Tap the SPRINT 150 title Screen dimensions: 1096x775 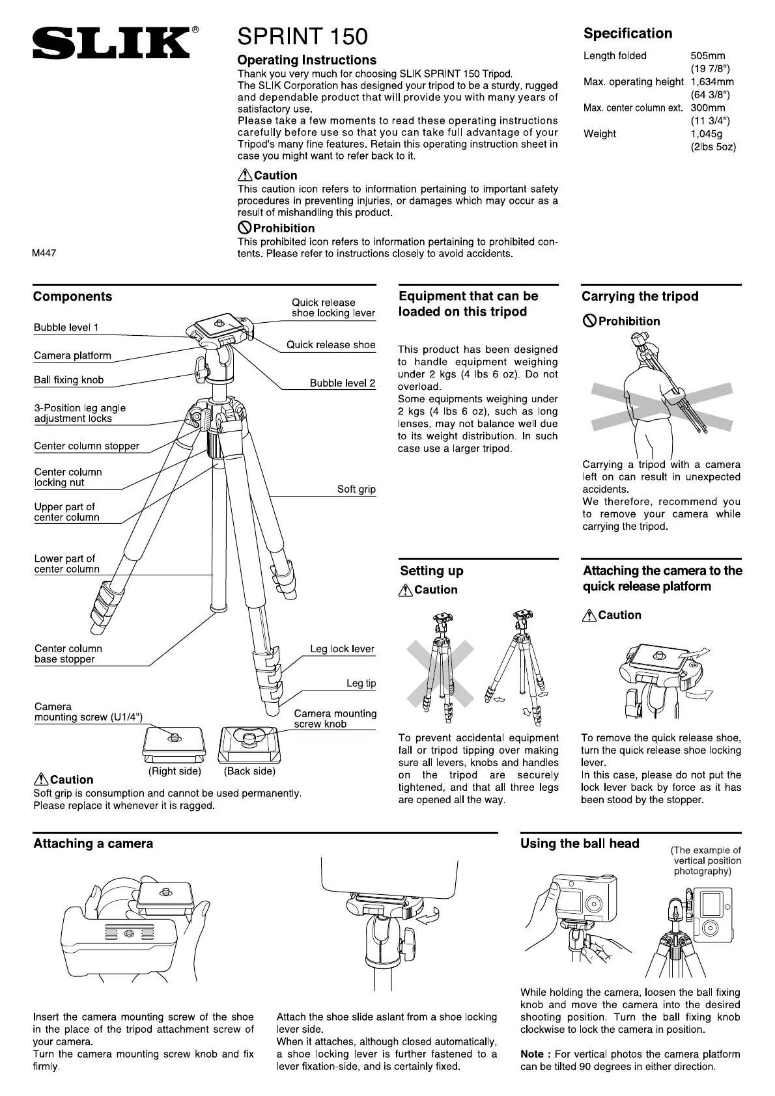coord(302,36)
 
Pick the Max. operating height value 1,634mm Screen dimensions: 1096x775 coord(712,81)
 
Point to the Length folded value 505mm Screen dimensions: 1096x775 coord(708,55)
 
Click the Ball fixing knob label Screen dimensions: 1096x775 coord(68,380)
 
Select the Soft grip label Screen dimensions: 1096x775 coord(356,489)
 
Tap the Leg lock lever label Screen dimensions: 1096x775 coord(342,649)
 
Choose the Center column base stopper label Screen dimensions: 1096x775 coord(68,653)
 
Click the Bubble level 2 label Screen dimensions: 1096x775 coord(343,383)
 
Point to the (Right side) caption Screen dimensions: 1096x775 coord(175,771)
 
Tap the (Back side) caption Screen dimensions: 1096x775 coord(249,771)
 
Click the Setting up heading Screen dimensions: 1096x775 coord(432,571)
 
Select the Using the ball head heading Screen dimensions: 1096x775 coord(580,843)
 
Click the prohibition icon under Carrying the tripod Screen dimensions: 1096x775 coord(589,321)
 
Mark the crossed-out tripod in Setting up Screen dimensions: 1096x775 coord(440,670)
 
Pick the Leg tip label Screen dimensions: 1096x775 coord(361,683)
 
